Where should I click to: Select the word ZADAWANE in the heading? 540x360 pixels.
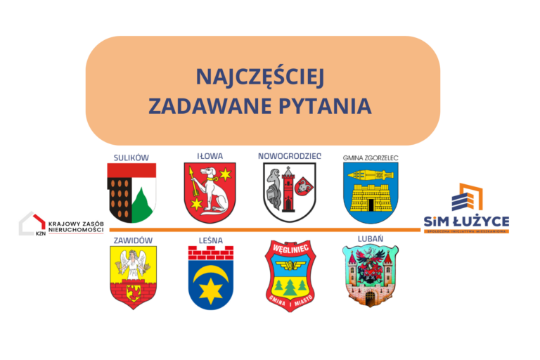click(210, 106)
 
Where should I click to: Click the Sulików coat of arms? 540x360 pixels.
click(131, 192)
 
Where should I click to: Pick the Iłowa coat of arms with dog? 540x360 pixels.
click(210, 192)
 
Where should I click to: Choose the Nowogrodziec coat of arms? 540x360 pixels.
click(289, 192)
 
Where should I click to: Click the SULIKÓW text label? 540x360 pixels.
click(131, 157)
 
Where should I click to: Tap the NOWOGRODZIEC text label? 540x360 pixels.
click(289, 156)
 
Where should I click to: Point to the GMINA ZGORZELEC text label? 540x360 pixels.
click(371, 157)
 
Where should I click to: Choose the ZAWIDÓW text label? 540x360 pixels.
click(131, 240)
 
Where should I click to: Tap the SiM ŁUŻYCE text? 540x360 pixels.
click(466, 221)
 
